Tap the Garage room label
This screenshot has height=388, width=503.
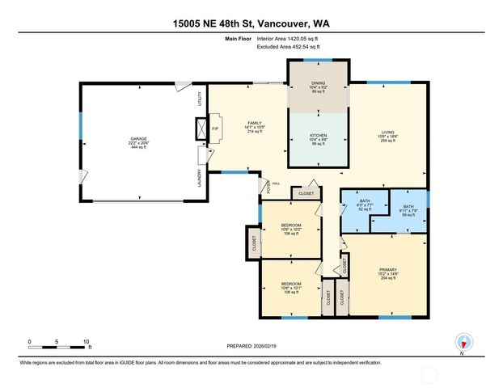tap(138, 142)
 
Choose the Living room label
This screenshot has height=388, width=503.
tap(388, 136)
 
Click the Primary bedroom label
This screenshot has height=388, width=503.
tap(389, 272)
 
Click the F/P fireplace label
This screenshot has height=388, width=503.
tap(215, 129)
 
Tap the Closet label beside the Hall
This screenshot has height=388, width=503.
tap(306, 194)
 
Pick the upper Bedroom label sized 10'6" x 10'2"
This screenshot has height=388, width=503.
tap(290, 229)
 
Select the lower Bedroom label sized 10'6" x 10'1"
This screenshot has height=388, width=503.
tap(290, 288)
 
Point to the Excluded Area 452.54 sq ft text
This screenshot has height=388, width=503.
tap(289, 48)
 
